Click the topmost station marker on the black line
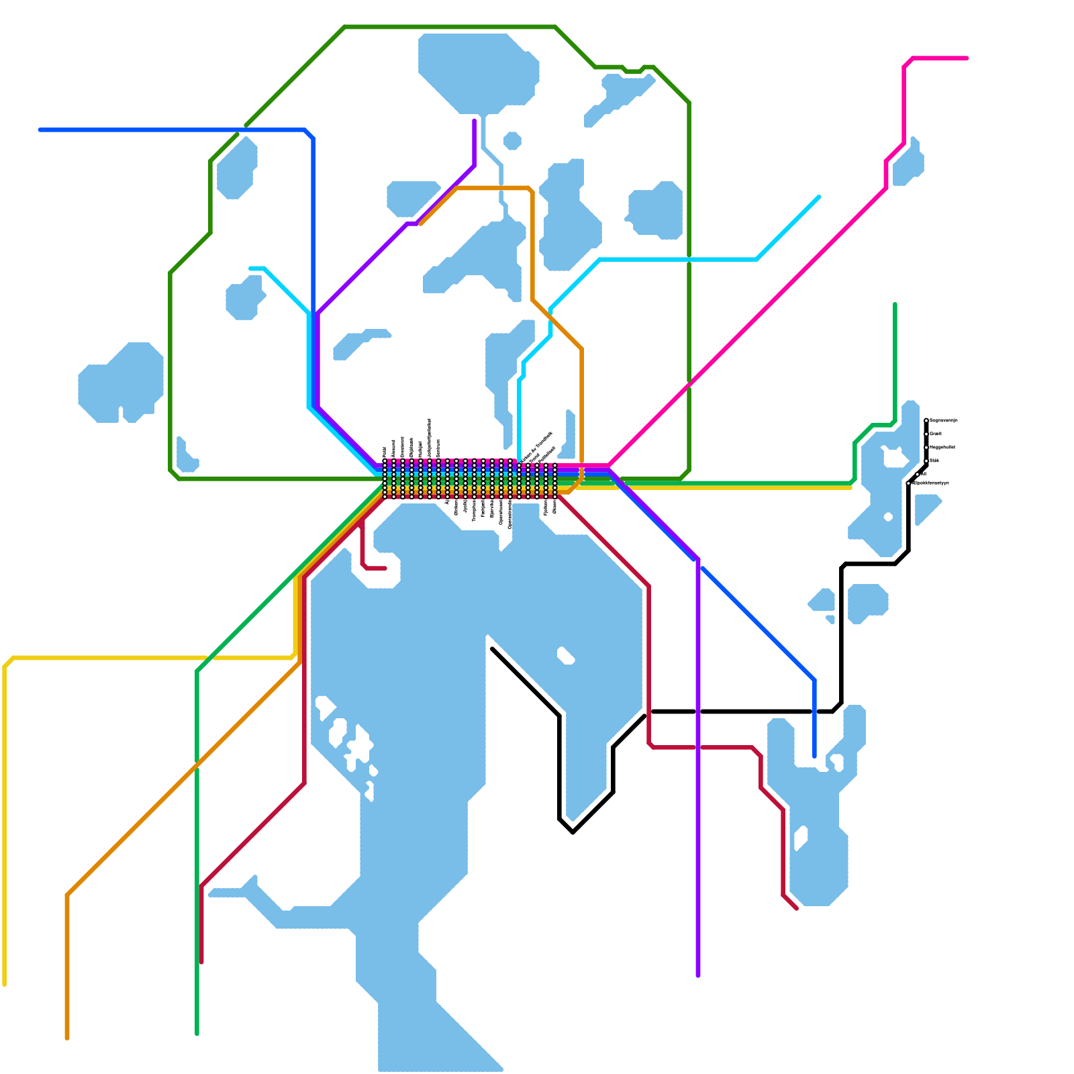[x=926, y=421]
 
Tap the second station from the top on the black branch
[x=926, y=434]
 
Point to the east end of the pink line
[x=967, y=58]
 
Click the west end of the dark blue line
[x=40, y=130]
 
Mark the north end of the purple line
[x=475, y=121]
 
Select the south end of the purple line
[x=698, y=975]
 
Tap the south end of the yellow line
[x=5, y=984]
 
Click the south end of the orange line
[x=67, y=1038]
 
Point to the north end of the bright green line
[x=895, y=305]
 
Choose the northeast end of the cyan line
[x=819, y=197]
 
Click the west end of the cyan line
[x=250, y=268]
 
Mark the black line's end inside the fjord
[x=493, y=648]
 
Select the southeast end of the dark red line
[x=797, y=909]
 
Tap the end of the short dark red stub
[x=385, y=569]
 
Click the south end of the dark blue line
[x=814, y=756]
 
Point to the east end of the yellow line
[x=850, y=487]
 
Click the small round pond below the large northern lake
[x=512, y=141]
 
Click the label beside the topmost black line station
[x=943, y=421]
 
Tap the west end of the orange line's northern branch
[x=421, y=224]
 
